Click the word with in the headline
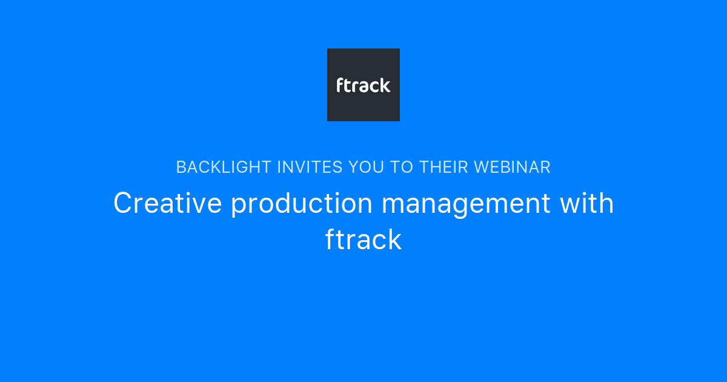click(586, 203)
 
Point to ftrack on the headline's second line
click(363, 240)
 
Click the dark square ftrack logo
click(363, 85)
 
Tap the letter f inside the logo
click(340, 85)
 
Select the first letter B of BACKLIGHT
click(181, 167)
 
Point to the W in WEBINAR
click(482, 167)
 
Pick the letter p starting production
click(237, 206)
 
